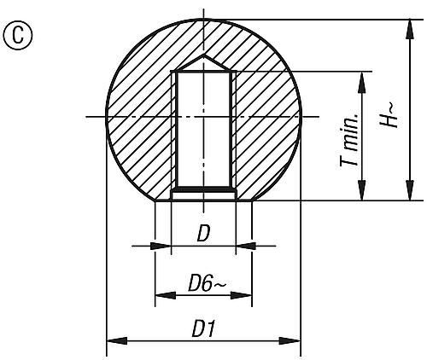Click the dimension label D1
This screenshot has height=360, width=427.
pyautogui.click(x=204, y=328)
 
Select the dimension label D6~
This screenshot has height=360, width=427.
pyautogui.click(x=204, y=282)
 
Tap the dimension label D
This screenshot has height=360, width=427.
pyautogui.click(x=203, y=232)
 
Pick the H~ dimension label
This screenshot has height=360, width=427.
pyautogui.click(x=388, y=113)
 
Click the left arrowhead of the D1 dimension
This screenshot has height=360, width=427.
pyautogui.click(x=112, y=341)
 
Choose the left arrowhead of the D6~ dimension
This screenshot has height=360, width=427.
pyautogui.click(x=161, y=296)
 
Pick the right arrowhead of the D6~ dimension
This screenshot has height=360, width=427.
pyautogui.click(x=247, y=296)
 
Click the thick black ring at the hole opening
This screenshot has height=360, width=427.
pyautogui.click(x=203, y=189)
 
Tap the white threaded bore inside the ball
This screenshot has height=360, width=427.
pyautogui.click(x=203, y=128)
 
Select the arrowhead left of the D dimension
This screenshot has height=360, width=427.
pyautogui.click(x=165, y=246)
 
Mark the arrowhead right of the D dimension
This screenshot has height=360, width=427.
pyautogui.click(x=243, y=246)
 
